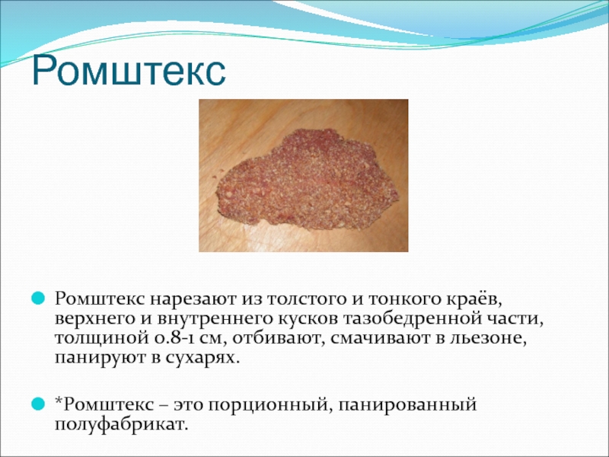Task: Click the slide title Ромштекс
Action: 129,72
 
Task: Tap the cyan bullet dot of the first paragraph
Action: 38,299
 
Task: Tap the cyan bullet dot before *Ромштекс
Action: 38,404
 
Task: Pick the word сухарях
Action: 201,357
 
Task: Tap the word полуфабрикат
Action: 121,424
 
